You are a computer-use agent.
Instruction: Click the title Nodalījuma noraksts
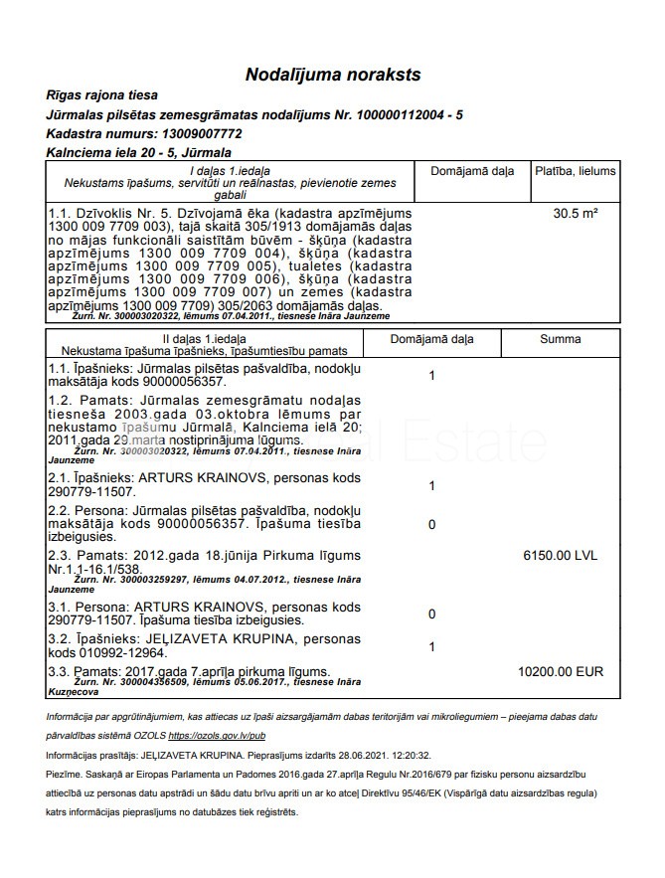click(x=333, y=75)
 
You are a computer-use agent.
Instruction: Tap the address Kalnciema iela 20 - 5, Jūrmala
click(x=139, y=153)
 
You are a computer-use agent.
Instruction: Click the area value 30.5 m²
click(x=575, y=213)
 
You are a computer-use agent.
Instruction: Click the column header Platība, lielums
click(x=575, y=171)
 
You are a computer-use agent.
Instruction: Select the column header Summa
click(x=560, y=340)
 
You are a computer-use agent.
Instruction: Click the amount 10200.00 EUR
click(x=561, y=672)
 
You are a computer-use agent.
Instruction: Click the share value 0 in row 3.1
click(x=431, y=615)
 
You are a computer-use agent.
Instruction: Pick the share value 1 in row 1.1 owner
click(x=431, y=376)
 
